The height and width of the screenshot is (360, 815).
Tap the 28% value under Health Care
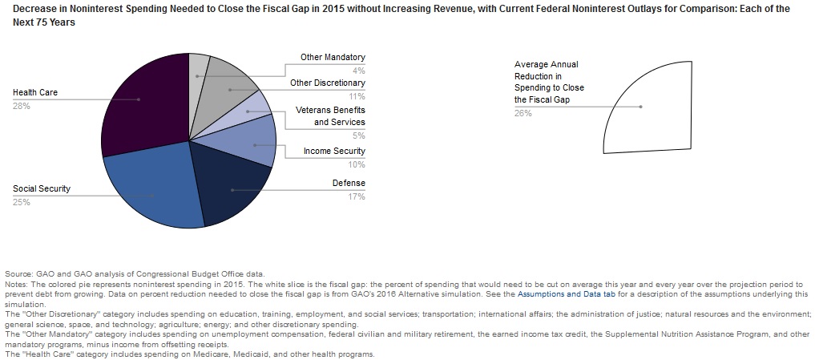(x=22, y=107)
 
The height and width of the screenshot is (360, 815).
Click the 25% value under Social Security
(x=22, y=203)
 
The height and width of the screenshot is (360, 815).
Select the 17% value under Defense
(x=357, y=196)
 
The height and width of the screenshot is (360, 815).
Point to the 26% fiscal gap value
(x=522, y=113)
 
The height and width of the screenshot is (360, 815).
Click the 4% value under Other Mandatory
(x=358, y=71)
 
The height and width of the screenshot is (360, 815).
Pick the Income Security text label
(x=334, y=152)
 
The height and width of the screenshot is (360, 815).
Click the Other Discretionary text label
(x=327, y=83)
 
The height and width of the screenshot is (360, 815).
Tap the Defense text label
(x=349, y=184)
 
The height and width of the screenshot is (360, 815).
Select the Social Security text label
(x=42, y=189)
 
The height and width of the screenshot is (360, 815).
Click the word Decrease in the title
(x=38, y=9)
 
